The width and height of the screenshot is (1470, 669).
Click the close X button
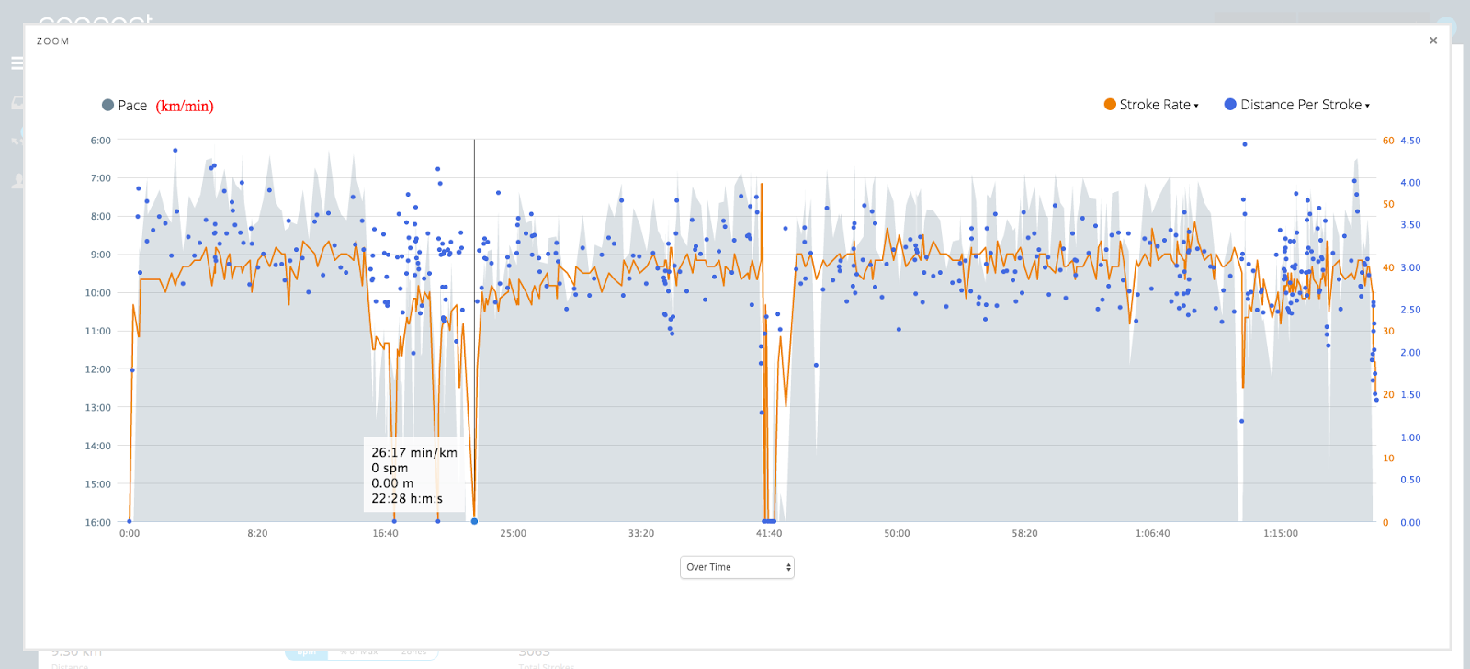1433,40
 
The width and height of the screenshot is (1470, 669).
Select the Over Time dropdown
737,567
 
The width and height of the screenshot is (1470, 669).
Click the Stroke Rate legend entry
1153,105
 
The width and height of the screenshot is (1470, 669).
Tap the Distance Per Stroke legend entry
1299,105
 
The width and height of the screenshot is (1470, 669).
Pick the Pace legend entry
125,106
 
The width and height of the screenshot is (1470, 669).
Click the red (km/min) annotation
185,106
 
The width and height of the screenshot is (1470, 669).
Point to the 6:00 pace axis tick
100,141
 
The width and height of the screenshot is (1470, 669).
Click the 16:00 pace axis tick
98,522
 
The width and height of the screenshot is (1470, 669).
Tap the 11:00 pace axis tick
98,331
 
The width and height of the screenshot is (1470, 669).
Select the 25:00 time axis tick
513,533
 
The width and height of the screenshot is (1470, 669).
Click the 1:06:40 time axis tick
1152,533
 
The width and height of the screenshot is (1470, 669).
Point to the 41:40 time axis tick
769,533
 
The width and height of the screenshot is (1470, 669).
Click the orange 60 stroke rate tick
1387,141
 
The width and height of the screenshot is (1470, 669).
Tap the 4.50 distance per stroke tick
1410,141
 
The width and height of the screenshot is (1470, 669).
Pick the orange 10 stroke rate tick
1388,459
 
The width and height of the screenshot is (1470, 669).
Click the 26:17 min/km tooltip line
413,452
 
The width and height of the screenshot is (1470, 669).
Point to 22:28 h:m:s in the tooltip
406,499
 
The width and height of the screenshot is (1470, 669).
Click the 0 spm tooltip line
390,468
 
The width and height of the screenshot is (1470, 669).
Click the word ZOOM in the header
52,41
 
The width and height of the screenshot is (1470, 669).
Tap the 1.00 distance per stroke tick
1410,437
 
